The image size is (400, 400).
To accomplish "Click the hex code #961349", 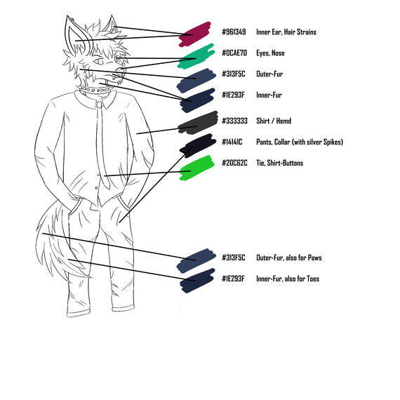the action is tap(234, 32).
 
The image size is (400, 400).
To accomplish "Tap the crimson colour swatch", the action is tap(195, 34).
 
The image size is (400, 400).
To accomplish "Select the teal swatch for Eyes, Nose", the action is tap(196, 56).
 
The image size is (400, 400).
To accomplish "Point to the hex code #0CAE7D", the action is tap(234, 53).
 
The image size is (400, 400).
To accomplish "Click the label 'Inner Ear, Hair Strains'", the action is tap(286, 32).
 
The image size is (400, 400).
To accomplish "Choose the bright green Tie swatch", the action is tap(196, 168).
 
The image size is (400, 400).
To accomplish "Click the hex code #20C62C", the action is tap(234, 163).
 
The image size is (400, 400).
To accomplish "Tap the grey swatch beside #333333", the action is tap(198, 123).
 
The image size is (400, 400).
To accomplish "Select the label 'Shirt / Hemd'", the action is tap(274, 121).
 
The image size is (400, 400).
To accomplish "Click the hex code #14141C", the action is tap(232, 142).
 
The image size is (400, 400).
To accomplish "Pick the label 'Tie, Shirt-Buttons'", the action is tap(279, 163).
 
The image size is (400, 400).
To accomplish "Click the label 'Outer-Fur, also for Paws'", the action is tap(289, 258).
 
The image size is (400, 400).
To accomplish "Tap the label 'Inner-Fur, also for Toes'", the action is tap(288, 279).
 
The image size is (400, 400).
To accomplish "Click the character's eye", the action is tap(98, 62).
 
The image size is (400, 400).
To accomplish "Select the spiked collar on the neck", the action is tap(95, 90).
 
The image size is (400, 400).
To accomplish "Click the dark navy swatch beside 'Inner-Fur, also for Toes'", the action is tap(197, 281).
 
